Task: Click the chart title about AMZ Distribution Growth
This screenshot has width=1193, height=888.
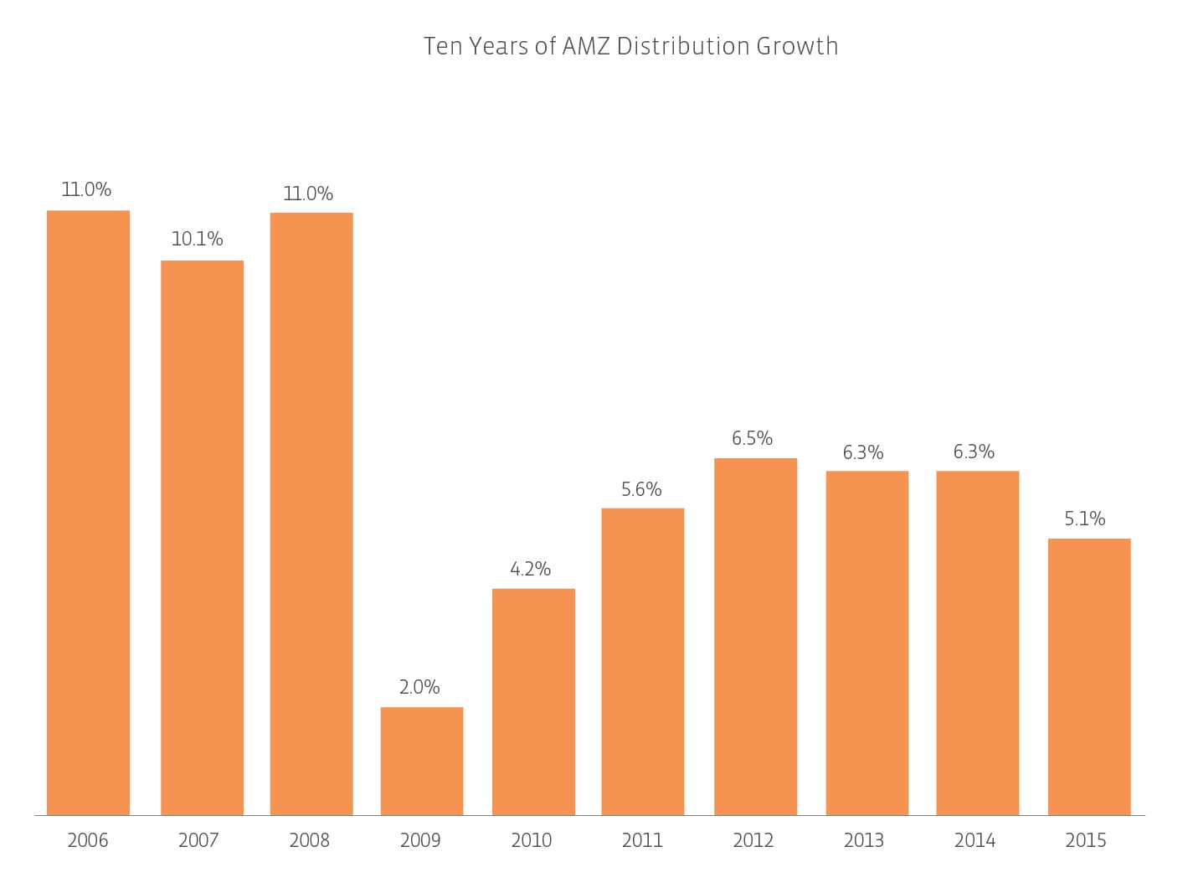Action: point(630,46)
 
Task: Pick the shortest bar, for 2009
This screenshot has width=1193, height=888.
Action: point(422,761)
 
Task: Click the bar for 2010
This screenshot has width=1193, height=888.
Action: point(533,702)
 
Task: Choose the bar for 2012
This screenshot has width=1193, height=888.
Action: point(755,637)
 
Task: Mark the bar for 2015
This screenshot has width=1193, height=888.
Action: point(1089,677)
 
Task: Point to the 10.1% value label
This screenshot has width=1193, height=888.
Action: point(197,240)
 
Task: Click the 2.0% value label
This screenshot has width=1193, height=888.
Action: point(419,688)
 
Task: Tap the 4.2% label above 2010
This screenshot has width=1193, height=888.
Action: point(531,570)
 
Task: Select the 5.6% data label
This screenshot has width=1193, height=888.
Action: point(641,490)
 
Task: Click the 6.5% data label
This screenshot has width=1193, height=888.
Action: point(752,439)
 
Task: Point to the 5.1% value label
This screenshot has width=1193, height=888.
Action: point(1085,519)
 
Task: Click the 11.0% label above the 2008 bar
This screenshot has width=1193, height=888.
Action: point(308,194)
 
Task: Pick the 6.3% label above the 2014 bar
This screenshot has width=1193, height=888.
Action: point(974,452)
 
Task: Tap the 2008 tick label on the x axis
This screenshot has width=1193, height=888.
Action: point(310,840)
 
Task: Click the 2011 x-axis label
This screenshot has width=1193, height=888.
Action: point(642,840)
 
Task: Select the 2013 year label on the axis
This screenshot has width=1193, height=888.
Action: point(864,840)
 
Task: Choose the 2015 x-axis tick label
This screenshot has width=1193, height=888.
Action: point(1086,840)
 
